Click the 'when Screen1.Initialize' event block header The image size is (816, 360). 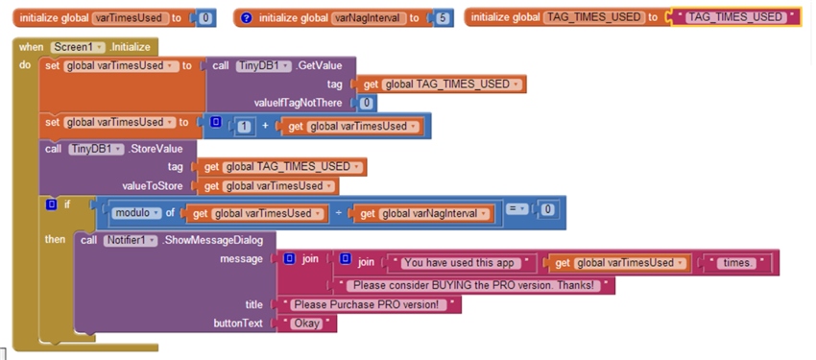[86, 47]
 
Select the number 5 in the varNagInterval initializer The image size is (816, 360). [443, 18]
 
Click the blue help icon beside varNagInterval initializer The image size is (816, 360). [246, 18]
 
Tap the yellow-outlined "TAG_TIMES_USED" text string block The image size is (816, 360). [736, 18]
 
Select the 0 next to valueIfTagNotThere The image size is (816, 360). [367, 103]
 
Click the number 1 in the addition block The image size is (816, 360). [246, 126]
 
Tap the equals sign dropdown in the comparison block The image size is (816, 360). [516, 208]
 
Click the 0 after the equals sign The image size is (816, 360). [546, 209]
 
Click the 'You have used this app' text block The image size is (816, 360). [462, 262]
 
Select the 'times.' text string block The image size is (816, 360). [739, 262]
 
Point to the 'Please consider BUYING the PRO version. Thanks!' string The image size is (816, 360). [476, 285]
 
